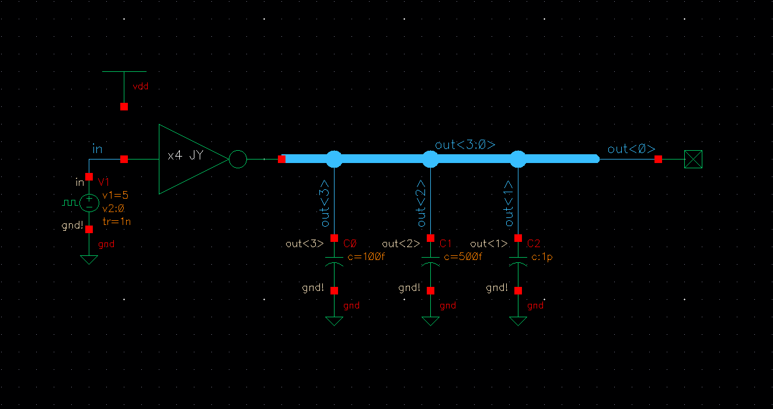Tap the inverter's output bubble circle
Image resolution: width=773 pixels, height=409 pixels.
point(238,159)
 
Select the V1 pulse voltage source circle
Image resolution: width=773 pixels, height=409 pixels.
point(89,202)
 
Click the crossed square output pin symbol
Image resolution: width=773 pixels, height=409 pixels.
point(694,159)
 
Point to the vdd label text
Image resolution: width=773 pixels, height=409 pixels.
point(141,86)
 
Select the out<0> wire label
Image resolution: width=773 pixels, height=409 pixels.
point(631,149)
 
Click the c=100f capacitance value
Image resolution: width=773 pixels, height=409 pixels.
point(366,256)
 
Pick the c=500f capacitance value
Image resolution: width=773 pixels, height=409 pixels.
point(462,256)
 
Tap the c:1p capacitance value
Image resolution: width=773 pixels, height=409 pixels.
point(542,256)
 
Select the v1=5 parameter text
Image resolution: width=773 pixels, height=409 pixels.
point(115,196)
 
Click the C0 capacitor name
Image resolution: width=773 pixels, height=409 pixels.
point(350,243)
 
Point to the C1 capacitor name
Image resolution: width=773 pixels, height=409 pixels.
point(446,243)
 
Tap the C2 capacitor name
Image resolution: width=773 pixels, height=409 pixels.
point(534,243)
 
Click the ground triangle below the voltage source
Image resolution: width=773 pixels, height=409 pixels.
point(89,259)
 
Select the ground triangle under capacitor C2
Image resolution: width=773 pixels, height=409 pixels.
point(518,321)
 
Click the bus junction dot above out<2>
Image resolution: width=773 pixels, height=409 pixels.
point(430,158)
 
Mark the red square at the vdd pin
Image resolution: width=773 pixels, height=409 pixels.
point(124,107)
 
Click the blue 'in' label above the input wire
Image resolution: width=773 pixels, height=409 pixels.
point(98,149)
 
